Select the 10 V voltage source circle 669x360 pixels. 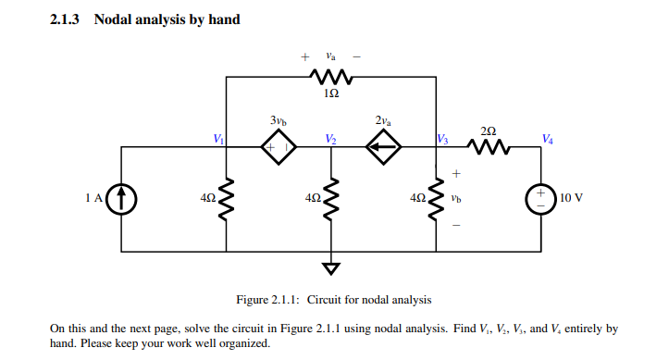pyautogui.click(x=540, y=198)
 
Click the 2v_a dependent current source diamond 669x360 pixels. pyautogui.click(x=383, y=147)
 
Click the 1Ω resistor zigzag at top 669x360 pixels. pyautogui.click(x=331, y=76)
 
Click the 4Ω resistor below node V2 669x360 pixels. pyautogui.click(x=331, y=198)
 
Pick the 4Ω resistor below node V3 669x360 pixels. pyautogui.click(x=436, y=198)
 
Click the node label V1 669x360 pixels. pyautogui.click(x=218, y=139)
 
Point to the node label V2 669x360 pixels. pyautogui.click(x=330, y=139)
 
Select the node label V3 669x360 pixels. pyautogui.click(x=444, y=139)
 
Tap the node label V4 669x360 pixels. pyautogui.click(x=549, y=139)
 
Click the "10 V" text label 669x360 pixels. pyautogui.click(x=571, y=198)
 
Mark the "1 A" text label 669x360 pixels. pyautogui.click(x=92, y=198)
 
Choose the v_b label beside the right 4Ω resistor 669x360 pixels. pyautogui.click(x=455, y=198)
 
